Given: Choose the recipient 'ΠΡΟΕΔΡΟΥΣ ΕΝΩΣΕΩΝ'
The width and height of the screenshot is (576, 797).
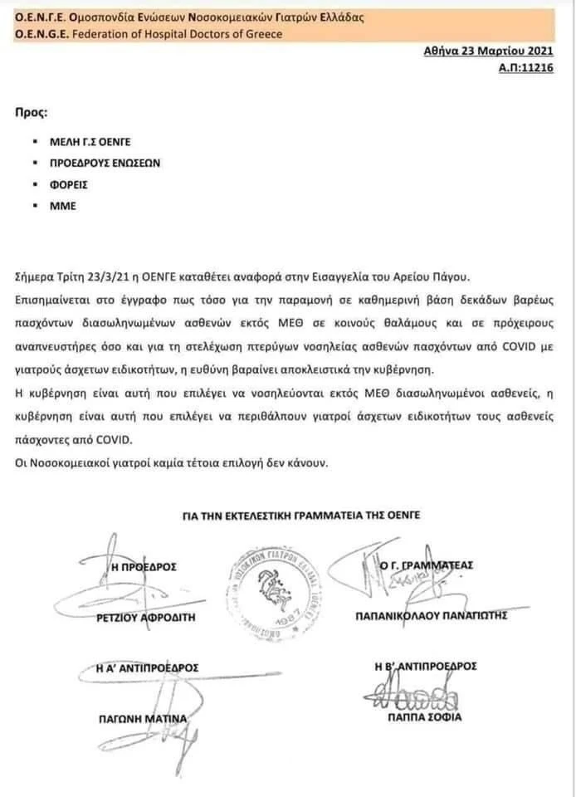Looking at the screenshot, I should click(x=105, y=163).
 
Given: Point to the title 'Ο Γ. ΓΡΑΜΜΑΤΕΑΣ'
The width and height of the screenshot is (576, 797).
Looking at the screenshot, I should click(x=426, y=565).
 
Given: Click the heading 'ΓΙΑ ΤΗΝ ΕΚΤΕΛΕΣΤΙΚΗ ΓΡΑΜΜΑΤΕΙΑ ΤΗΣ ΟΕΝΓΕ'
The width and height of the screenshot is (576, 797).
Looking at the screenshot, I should click(x=301, y=515).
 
